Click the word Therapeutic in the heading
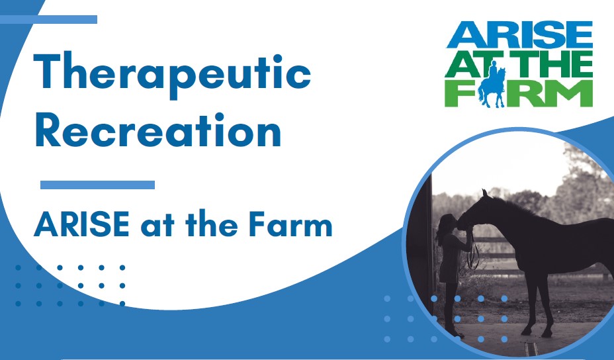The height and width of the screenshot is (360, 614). (x=172, y=73)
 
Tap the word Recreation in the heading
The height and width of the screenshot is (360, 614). (x=158, y=130)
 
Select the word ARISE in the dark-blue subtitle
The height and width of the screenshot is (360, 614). (x=81, y=224)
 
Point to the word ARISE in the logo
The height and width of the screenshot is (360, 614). (x=519, y=35)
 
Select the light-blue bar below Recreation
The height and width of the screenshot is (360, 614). (x=97, y=185)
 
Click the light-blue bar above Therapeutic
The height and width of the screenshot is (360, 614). (x=48, y=19)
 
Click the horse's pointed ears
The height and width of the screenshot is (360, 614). (x=485, y=193)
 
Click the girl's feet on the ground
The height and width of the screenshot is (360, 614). (x=456, y=334)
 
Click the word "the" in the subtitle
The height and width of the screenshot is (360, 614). (x=212, y=224)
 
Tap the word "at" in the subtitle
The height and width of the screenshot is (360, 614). (x=157, y=226)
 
